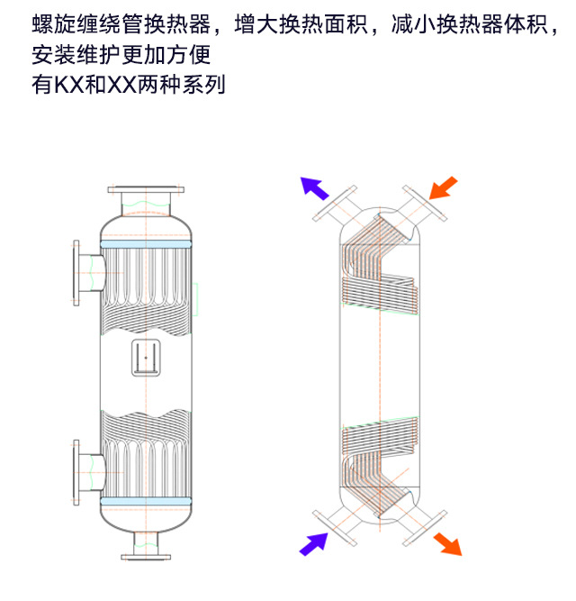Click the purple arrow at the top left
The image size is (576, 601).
pos(314,187)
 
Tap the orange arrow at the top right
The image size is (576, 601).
pos(444,187)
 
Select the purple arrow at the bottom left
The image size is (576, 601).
pos(314,542)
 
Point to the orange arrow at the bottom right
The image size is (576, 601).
pos(446,543)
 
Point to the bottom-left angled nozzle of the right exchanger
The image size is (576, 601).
pos(337,524)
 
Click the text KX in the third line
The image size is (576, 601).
pos(62,87)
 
